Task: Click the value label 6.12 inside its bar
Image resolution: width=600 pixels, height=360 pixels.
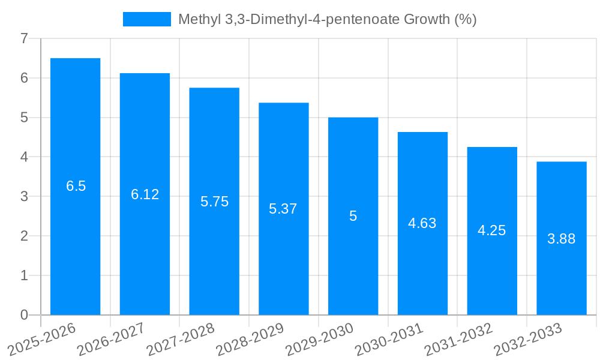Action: [145, 194]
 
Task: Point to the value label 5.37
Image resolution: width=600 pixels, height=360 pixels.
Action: [283, 209]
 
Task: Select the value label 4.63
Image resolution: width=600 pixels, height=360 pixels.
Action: [422, 223]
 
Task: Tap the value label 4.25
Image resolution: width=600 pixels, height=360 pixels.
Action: [492, 230]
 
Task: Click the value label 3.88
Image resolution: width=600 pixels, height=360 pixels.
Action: [561, 239]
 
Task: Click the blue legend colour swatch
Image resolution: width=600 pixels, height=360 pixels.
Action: [147, 19]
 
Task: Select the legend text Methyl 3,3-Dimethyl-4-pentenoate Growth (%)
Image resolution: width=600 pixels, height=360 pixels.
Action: [327, 19]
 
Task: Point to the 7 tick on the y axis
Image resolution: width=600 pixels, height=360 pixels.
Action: [24, 38]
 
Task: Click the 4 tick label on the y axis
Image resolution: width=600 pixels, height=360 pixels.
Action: [24, 157]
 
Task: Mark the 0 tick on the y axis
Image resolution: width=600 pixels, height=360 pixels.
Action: [24, 315]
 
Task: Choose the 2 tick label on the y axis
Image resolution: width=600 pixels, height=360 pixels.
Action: [24, 236]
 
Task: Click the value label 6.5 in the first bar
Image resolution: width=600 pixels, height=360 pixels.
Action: [76, 186]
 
